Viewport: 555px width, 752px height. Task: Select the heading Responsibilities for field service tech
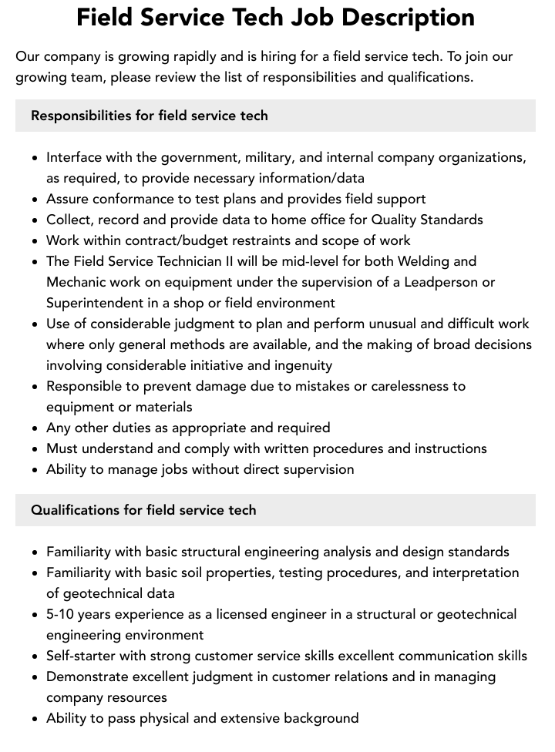[x=150, y=116]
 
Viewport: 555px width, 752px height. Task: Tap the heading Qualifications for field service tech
[x=143, y=510]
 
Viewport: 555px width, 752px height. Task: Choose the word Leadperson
[x=438, y=282]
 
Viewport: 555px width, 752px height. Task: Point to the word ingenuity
[x=297, y=365]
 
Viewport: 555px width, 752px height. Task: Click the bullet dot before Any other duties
[x=35, y=428]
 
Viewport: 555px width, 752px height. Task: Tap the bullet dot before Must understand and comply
[x=35, y=449]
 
